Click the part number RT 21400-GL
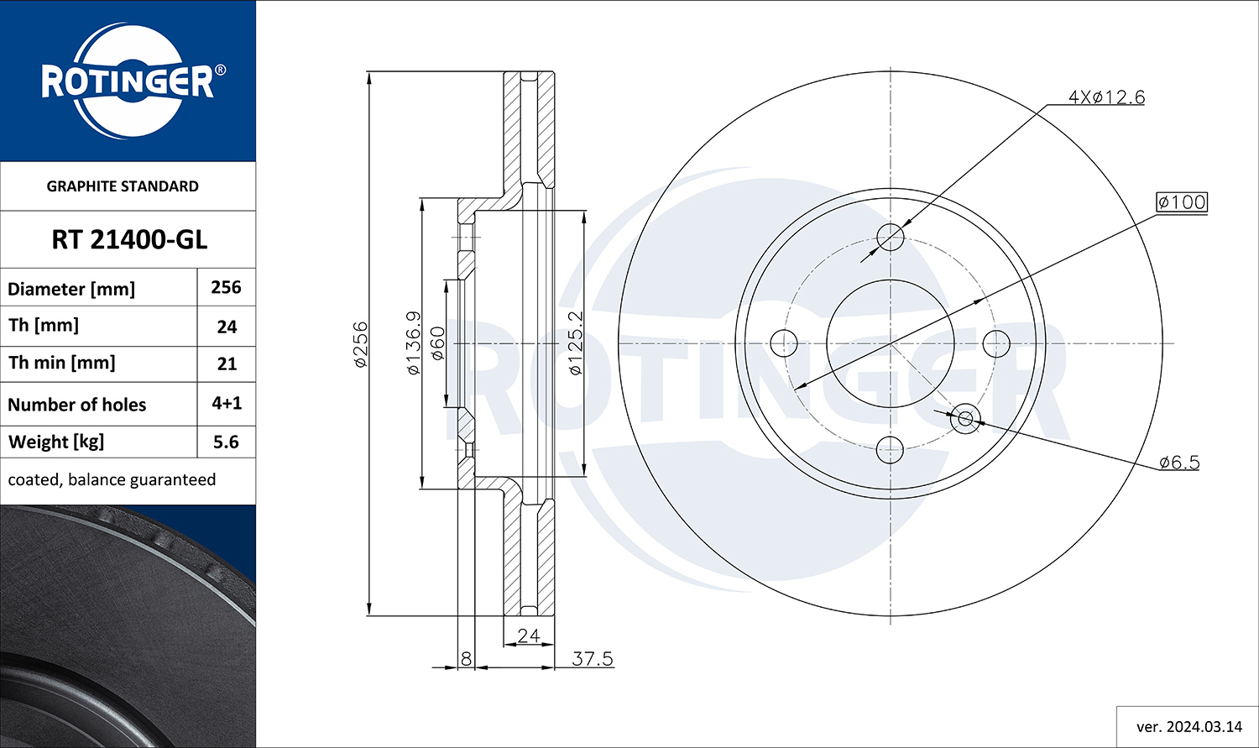pos(129,240)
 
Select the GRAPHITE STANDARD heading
pos(123,186)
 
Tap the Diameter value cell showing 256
pos(226,287)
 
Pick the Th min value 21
pos(227,364)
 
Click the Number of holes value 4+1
pos(227,403)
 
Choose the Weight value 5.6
pos(226,442)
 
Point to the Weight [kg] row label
pos(56,442)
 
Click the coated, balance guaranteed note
pos(112,479)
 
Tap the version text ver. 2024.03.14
pos(1189,727)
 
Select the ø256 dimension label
pos(360,344)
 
